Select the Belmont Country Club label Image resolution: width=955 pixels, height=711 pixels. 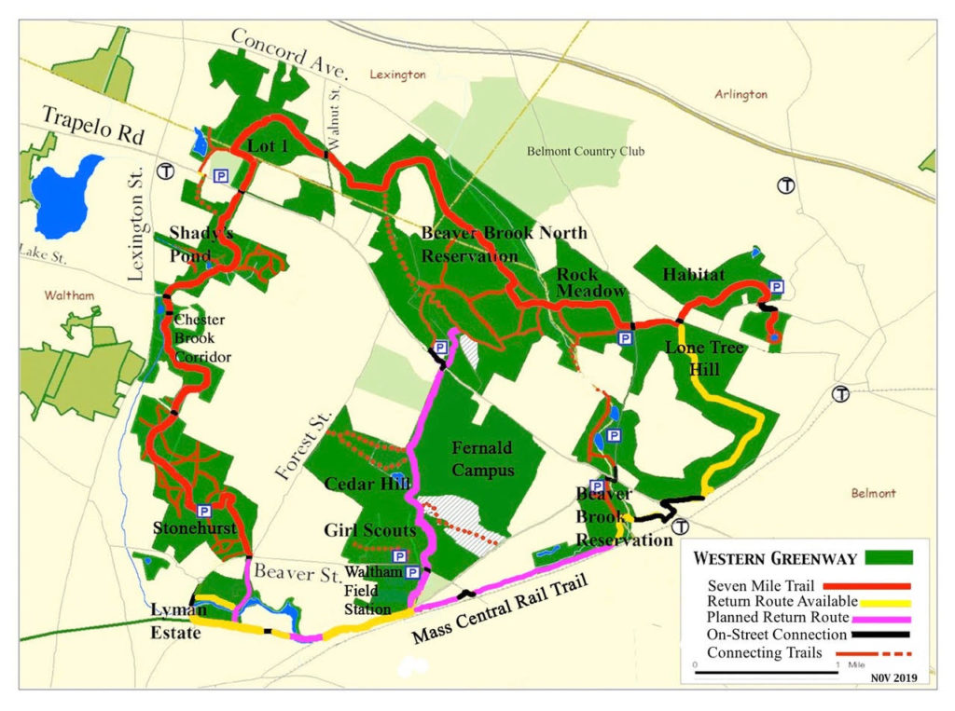(x=586, y=151)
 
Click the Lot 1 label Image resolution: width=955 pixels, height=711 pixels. (x=269, y=146)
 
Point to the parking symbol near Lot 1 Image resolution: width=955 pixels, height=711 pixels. (x=222, y=175)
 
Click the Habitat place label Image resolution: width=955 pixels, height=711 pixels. (x=694, y=274)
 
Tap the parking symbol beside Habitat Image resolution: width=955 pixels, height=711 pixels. (x=774, y=287)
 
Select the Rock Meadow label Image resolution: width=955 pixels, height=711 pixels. (x=590, y=283)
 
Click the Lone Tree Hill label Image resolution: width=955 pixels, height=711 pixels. (x=704, y=357)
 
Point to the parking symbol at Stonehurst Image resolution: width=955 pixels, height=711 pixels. (x=203, y=511)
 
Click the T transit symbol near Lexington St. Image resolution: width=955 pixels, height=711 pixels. (x=166, y=171)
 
